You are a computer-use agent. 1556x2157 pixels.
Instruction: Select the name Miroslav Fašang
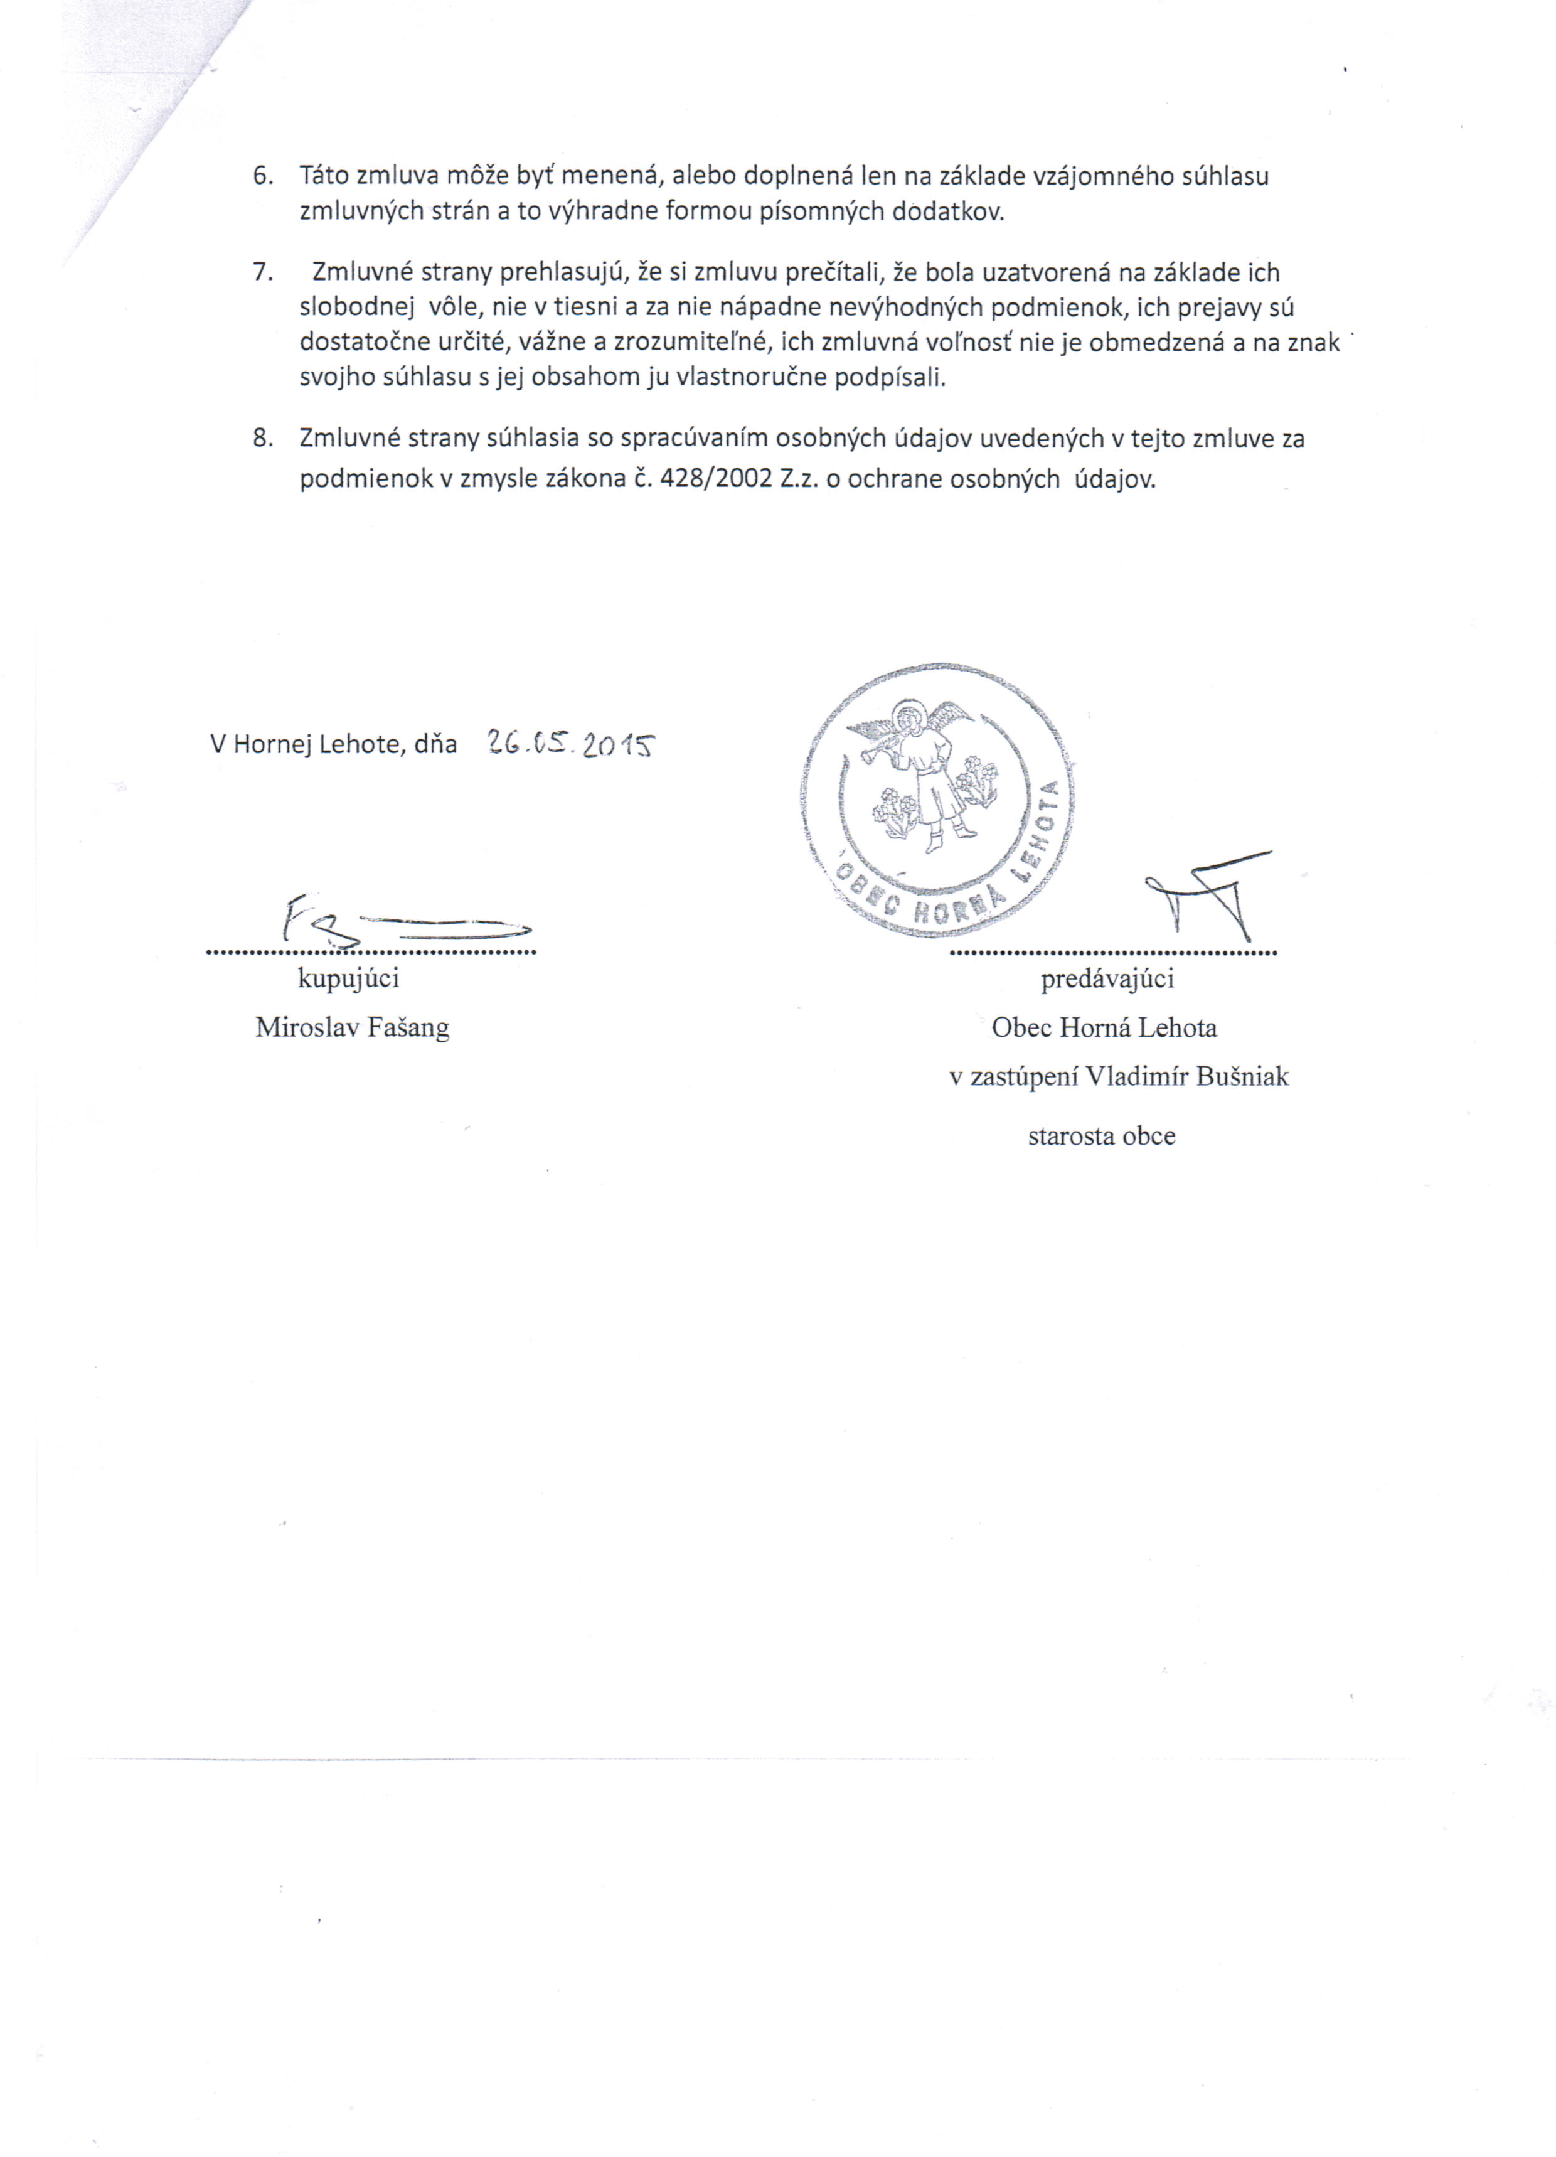pos(352,1028)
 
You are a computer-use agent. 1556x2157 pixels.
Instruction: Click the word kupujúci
pos(348,978)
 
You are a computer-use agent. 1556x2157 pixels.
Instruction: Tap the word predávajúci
pos(1107,978)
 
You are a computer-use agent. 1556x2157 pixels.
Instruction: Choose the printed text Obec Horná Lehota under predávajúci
pos(1104,1028)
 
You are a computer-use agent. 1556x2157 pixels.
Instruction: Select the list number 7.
pos(262,273)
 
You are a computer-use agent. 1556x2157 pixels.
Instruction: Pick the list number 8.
pos(262,439)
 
